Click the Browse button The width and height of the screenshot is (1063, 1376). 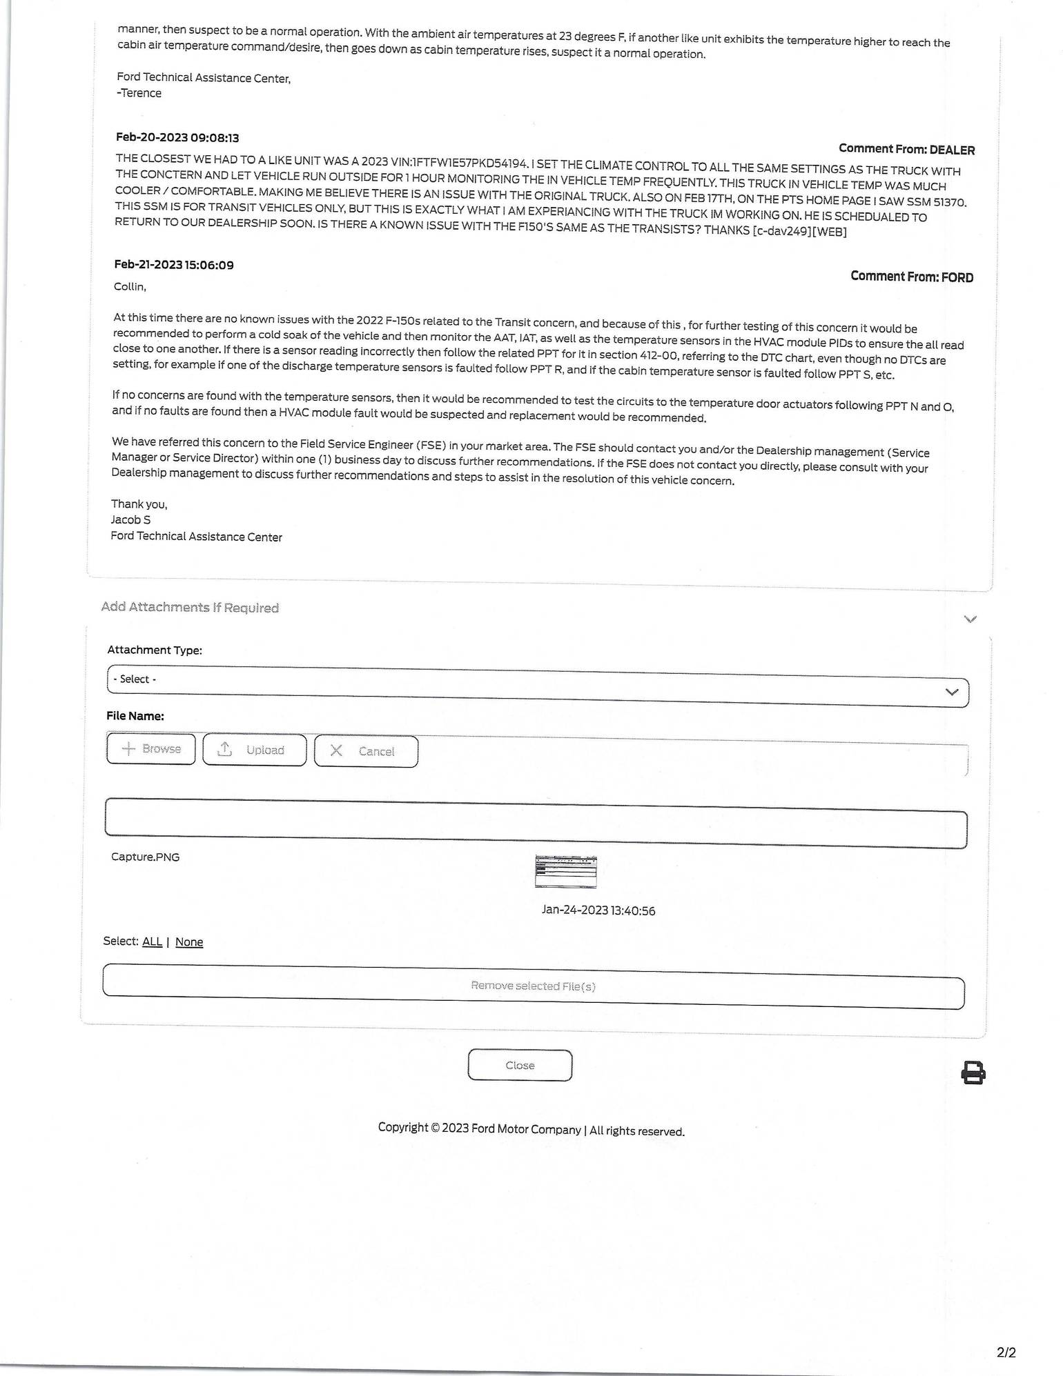click(x=151, y=749)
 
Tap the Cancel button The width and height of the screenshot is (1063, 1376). click(x=366, y=751)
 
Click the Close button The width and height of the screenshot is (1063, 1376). click(x=520, y=1065)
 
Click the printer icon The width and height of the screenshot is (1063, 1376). click(x=973, y=1073)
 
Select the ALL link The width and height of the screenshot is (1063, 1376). click(x=152, y=941)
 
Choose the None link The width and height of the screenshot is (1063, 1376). click(x=189, y=942)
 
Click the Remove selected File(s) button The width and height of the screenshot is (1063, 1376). click(x=533, y=986)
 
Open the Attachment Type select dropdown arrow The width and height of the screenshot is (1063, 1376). click(x=952, y=692)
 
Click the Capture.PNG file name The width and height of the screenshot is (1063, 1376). click(x=145, y=857)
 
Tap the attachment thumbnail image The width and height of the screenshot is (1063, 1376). click(x=566, y=871)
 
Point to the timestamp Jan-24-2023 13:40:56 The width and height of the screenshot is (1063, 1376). click(x=598, y=910)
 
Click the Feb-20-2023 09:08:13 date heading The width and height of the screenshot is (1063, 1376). click(x=177, y=138)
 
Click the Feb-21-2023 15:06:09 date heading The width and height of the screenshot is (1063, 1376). click(x=174, y=265)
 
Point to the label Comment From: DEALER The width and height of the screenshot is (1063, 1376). click(x=906, y=149)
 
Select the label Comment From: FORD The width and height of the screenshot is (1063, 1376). click(x=912, y=277)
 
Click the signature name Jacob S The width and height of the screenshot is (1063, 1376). click(x=130, y=519)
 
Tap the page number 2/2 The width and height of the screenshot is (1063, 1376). click(x=1006, y=1352)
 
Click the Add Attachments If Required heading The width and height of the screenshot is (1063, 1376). click(x=190, y=607)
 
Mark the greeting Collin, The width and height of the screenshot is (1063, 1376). click(x=130, y=286)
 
